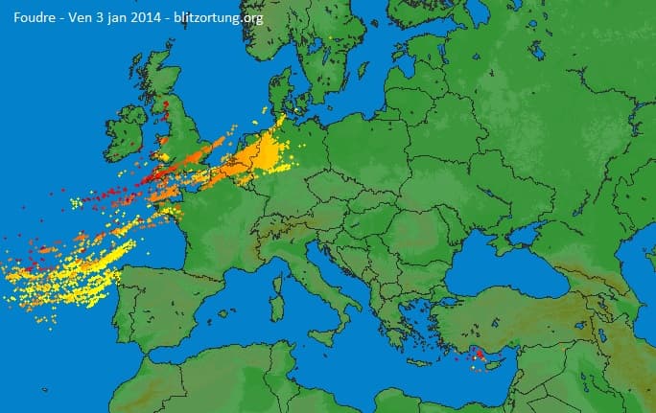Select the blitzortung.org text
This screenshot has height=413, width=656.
pos(217,16)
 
